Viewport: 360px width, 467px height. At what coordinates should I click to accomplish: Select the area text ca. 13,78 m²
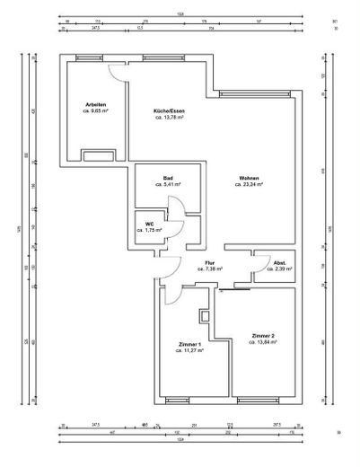(169, 118)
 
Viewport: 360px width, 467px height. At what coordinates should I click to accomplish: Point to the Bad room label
(168, 179)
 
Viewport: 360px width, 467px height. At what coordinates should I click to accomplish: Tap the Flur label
(209, 262)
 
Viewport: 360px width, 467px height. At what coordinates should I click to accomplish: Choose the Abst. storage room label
(267, 262)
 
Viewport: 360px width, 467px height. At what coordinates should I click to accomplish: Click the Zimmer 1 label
(190, 345)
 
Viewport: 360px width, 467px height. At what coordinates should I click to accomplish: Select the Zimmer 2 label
(264, 335)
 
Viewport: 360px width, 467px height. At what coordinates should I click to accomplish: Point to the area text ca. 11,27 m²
(190, 351)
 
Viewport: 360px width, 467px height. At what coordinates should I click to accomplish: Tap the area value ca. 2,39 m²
(267, 269)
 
